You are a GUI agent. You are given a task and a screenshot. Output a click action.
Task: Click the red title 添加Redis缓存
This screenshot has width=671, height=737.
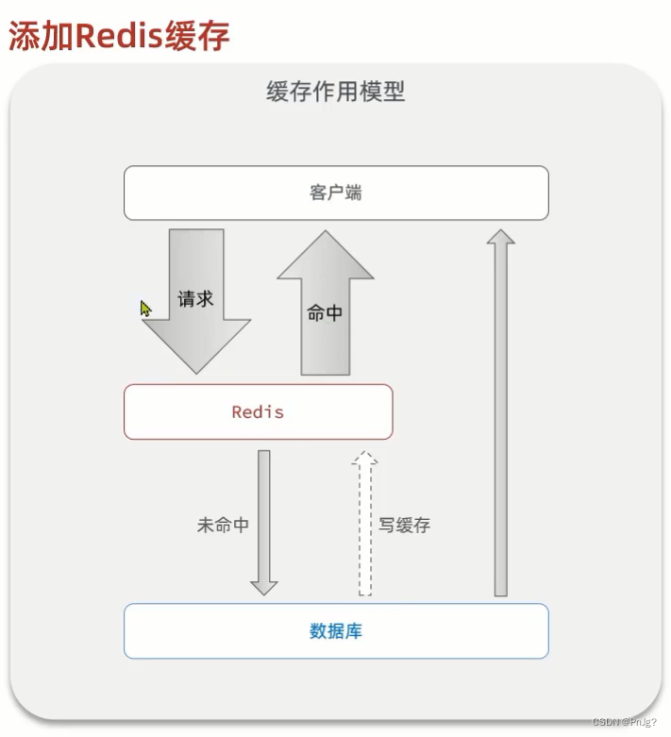[x=119, y=35]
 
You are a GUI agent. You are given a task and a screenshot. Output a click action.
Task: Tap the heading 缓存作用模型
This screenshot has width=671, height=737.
[x=335, y=92]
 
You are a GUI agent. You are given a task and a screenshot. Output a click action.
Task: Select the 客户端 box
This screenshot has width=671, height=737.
[x=336, y=193]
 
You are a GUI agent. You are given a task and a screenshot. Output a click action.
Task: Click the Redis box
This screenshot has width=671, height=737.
[x=258, y=412]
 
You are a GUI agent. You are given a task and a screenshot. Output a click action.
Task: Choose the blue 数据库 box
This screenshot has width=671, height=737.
[x=336, y=631]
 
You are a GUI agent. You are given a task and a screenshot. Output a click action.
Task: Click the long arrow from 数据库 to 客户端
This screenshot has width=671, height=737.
[x=501, y=415]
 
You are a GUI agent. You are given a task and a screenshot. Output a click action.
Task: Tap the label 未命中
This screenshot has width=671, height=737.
[x=223, y=526]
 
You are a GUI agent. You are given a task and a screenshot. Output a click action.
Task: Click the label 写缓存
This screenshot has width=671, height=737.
[x=405, y=526]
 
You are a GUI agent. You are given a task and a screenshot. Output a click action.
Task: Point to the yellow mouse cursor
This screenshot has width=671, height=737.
[x=145, y=309]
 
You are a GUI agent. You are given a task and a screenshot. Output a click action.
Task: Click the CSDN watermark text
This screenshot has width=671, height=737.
[x=624, y=722]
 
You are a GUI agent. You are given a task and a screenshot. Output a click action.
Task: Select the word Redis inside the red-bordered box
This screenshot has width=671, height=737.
[x=258, y=412]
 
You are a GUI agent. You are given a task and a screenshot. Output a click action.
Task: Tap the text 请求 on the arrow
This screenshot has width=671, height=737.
[x=196, y=299]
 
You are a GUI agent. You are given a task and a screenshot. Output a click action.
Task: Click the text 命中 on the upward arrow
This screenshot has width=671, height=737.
[x=326, y=313]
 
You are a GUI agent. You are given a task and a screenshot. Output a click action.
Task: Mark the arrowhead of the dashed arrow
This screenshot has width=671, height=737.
[x=365, y=460]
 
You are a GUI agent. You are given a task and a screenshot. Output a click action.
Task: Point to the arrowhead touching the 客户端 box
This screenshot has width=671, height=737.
[x=501, y=236]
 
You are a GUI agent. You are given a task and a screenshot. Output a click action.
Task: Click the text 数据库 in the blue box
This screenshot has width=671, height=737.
[x=336, y=631]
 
